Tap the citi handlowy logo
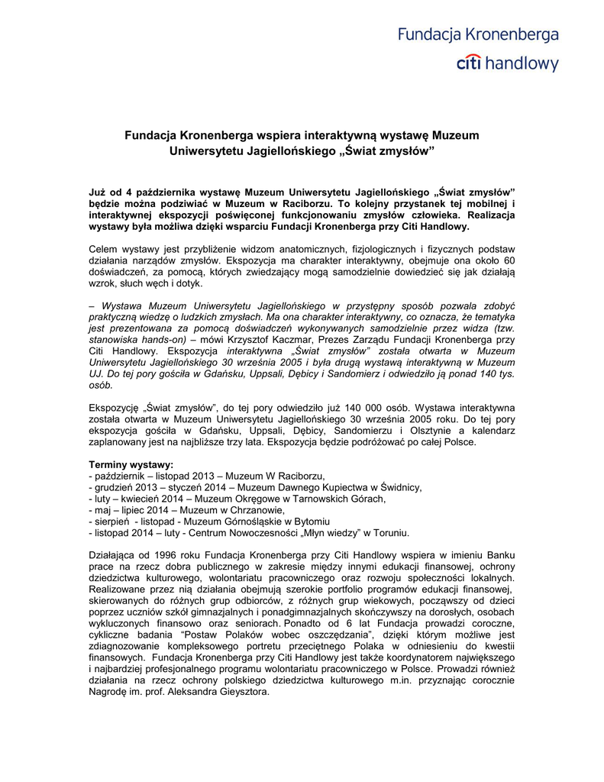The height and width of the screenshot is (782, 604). tap(507, 64)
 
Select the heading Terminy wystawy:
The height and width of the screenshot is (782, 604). tap(131, 464)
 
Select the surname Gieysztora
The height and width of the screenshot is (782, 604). tap(240, 693)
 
